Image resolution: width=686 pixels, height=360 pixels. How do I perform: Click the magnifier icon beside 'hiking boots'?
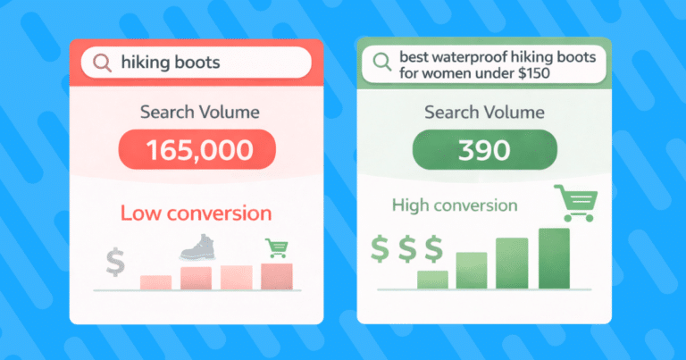[x=102, y=63]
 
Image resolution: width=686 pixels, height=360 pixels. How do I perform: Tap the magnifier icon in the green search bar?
[x=382, y=62]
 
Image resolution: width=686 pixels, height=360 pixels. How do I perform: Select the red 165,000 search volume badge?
[x=197, y=149]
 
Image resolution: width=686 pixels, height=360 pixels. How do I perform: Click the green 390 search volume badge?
[x=485, y=149]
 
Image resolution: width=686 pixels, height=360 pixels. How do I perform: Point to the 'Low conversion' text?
[x=196, y=213]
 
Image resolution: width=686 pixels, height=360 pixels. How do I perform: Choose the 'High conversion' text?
[x=455, y=205]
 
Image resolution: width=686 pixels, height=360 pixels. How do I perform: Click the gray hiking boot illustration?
[x=198, y=247]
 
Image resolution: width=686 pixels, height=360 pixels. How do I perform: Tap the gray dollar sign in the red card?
[x=115, y=262]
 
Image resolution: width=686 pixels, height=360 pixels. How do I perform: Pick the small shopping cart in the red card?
[x=277, y=248]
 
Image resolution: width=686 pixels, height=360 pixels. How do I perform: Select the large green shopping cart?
[x=576, y=203]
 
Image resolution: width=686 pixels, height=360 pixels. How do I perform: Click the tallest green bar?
[x=555, y=258]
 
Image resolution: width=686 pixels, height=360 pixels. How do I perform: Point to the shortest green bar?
[x=432, y=280]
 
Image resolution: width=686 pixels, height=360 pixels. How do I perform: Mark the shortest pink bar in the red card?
[x=155, y=282]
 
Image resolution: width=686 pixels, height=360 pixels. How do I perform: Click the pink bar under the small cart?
[x=277, y=276]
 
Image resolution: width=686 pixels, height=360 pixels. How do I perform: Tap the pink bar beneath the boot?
[x=196, y=278]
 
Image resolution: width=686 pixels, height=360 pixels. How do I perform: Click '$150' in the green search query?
[x=534, y=73]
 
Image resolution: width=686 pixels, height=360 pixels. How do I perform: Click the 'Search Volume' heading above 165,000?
[x=200, y=112]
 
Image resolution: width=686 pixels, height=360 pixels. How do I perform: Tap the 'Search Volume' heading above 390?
[x=484, y=113]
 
